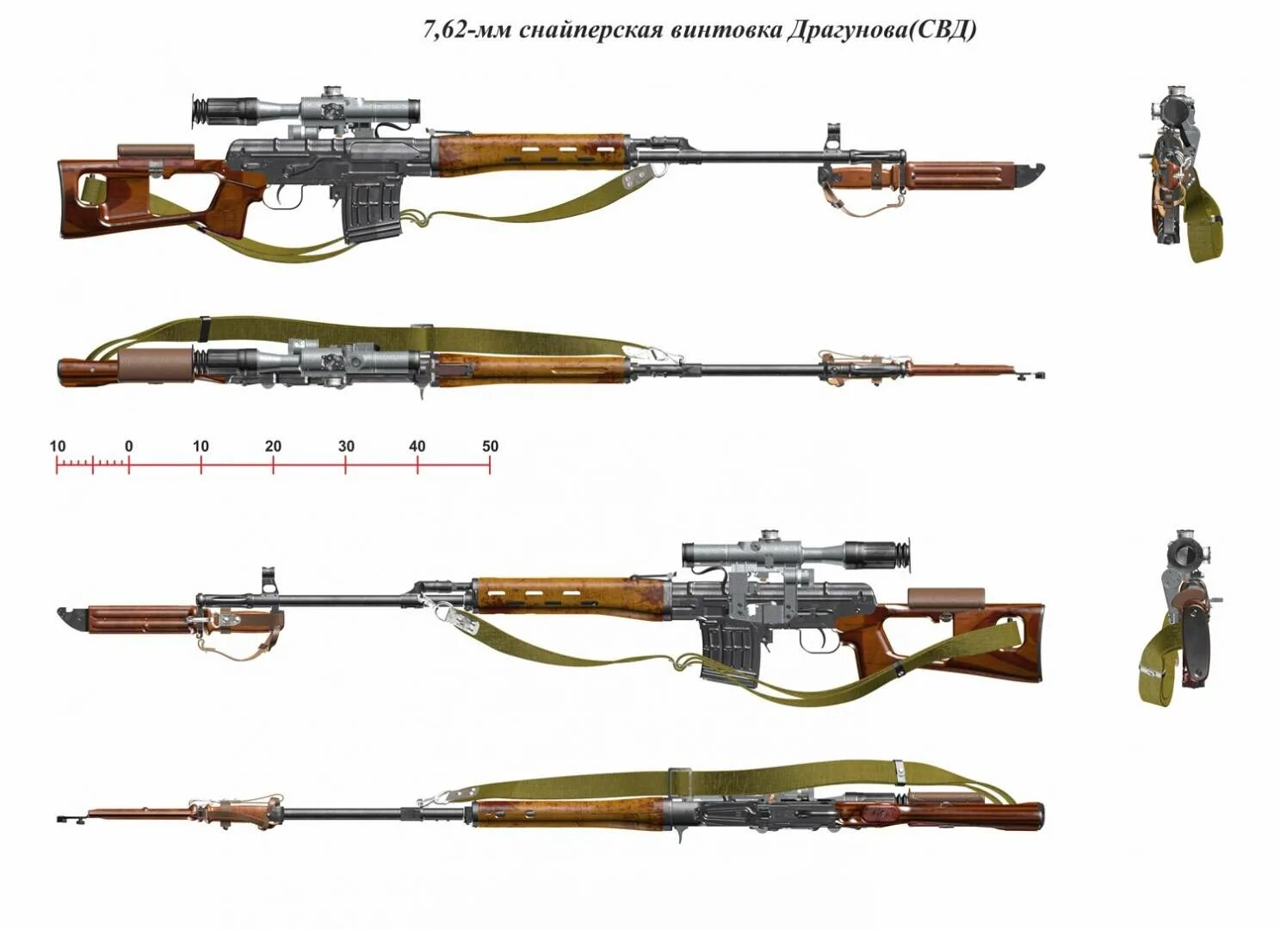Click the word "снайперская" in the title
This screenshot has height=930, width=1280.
(x=592, y=30)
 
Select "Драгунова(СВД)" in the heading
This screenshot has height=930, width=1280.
(x=881, y=30)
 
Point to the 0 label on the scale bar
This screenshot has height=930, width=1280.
(x=128, y=446)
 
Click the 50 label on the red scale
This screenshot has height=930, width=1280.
(x=490, y=446)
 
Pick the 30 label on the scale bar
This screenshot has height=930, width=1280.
(x=345, y=446)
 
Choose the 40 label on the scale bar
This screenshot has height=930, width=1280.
(x=417, y=446)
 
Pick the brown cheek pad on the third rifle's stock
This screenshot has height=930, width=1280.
(x=944, y=597)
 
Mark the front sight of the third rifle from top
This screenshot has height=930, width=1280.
(x=269, y=580)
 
